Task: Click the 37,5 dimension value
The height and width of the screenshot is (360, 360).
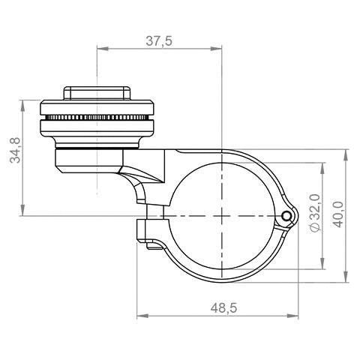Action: pos(159,41)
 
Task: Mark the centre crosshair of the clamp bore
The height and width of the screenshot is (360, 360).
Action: pos(223,215)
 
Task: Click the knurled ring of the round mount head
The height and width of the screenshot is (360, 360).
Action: pos(97,120)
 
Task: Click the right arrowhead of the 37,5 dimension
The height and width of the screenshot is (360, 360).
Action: pos(219,50)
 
